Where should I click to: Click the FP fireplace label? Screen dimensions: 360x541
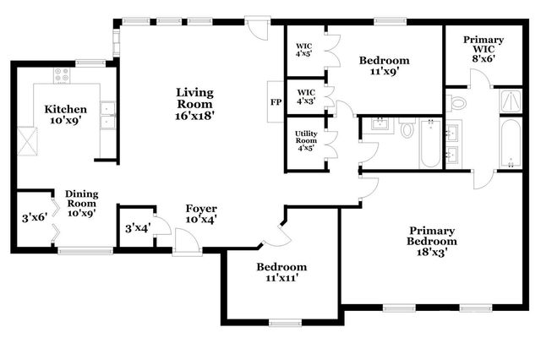coord(275,102)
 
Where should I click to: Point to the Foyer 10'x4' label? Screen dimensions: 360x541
coord(201,215)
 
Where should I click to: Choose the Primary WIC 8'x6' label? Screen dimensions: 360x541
coord(483,50)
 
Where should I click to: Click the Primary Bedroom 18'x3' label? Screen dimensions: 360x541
coord(432,241)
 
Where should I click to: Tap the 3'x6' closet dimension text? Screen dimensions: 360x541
coord(35,218)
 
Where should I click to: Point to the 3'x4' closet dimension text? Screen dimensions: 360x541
coord(137,227)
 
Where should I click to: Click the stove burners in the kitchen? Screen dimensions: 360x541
coord(62,77)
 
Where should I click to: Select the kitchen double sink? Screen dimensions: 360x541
coord(107,116)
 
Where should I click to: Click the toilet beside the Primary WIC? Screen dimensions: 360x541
coord(458,103)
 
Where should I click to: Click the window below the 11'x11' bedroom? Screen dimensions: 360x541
coord(286,322)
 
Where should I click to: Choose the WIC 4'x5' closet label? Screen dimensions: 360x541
coord(303,51)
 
